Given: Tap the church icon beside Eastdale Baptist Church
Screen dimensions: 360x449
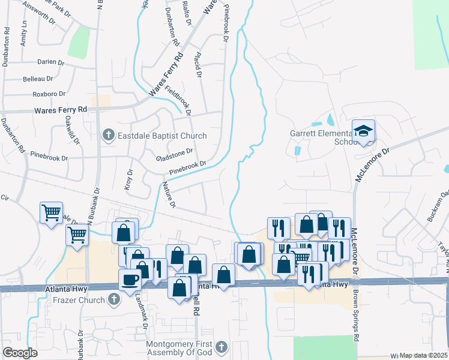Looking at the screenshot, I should (109, 136).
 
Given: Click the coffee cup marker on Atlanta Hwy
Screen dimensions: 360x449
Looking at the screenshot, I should (130, 280).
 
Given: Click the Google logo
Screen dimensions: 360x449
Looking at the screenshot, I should (20, 353).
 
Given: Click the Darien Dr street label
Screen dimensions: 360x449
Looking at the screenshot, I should (50, 62).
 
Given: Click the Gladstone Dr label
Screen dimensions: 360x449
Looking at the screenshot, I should (174, 155).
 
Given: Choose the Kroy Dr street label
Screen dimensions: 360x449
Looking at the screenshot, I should (128, 179).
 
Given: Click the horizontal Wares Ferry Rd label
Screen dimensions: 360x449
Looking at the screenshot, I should (61, 110).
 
